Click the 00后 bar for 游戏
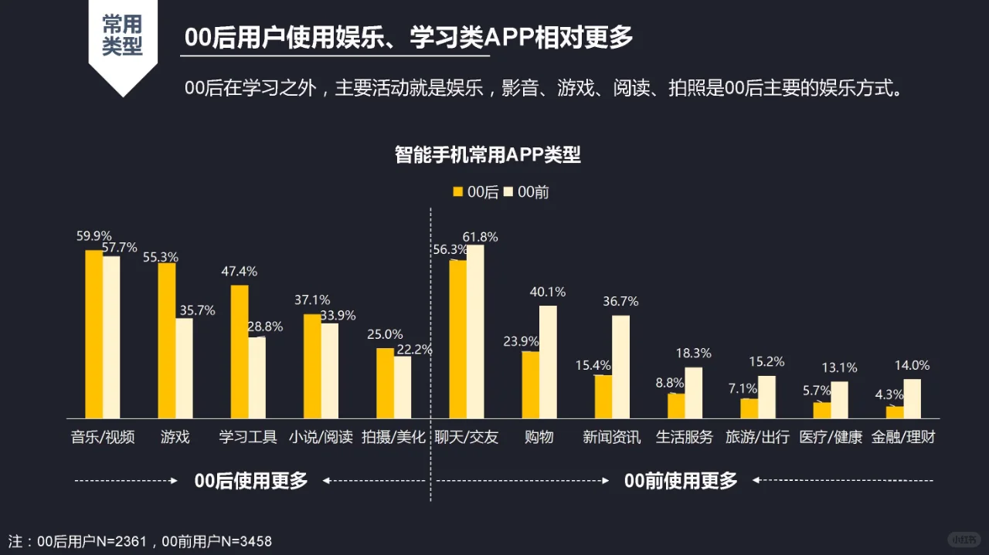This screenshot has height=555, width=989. point(166,340)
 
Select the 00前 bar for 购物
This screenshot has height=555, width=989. point(548,361)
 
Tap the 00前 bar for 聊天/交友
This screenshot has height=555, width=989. point(475,331)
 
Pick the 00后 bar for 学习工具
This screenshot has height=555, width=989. point(240,351)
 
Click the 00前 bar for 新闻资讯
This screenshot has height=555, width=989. point(620,367)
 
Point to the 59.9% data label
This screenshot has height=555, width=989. point(94,236)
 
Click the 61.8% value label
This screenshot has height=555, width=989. point(480,237)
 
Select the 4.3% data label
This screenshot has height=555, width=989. point(889,394)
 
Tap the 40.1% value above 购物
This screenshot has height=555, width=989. point(547,292)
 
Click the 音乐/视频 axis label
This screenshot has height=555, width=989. point(103,438)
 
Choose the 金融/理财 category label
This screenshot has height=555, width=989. point(903,438)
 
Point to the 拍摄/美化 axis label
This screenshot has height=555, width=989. point(393,438)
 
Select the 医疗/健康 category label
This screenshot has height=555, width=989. point(831,438)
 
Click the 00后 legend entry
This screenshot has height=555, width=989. point(476,192)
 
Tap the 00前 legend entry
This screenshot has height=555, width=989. point(526,192)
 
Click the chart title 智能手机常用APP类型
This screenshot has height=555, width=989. point(488,154)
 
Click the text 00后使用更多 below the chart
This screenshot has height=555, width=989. point(251,481)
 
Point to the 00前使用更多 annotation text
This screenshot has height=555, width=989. point(681,481)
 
